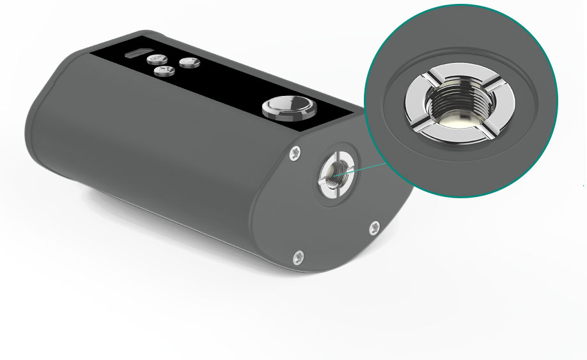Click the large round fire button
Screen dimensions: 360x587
point(290,107)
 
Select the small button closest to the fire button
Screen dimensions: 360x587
point(190,62)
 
